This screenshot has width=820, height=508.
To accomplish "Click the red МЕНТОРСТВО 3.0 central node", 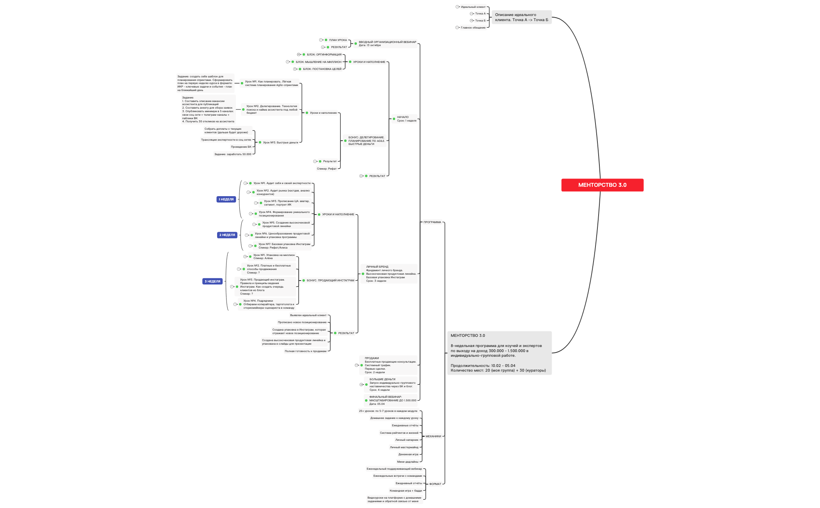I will point(602,185).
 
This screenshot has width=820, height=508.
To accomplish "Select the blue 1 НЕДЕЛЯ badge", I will point(226,199).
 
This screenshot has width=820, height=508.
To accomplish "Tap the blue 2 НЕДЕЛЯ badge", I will point(227,235).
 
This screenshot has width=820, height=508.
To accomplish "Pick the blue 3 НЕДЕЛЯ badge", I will point(212,281).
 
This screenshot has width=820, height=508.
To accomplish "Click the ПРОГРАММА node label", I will point(432,222).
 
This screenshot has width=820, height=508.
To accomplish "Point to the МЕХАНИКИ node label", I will point(433,436).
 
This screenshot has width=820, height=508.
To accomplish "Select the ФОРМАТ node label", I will point(435,484).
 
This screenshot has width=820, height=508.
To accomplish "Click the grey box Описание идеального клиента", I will point(521,17).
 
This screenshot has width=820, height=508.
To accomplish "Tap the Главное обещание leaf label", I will point(473,28).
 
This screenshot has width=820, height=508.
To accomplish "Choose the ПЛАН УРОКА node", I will point(338,40).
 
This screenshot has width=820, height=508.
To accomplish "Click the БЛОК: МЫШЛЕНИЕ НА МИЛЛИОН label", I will point(318,62).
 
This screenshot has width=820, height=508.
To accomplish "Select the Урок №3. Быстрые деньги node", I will point(280,142).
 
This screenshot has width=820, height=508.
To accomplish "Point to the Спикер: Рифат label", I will point(326,169).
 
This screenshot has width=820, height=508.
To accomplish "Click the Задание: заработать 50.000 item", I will point(233,154).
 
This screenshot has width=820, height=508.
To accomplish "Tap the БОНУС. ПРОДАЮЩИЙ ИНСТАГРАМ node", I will point(330,280).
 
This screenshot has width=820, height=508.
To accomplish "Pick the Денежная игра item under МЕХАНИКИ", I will point(408,454).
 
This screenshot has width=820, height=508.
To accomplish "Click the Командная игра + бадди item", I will point(405,490).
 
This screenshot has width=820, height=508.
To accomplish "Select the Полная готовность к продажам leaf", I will point(305,351).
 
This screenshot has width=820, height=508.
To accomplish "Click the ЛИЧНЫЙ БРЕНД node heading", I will point(377,267).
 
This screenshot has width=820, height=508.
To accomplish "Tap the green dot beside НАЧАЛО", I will point(394,119).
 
